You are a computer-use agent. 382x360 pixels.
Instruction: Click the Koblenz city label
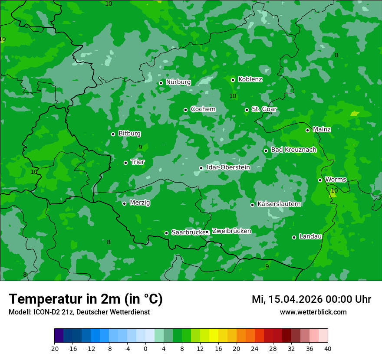tap(250, 79)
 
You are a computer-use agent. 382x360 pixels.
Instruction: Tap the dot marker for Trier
tap(126, 163)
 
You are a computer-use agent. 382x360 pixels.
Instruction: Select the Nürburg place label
tap(178, 82)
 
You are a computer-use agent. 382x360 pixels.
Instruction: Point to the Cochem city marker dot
tap(186, 110)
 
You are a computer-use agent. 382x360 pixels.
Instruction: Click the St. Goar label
tap(264, 109)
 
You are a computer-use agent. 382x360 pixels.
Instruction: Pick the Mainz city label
tap(322, 129)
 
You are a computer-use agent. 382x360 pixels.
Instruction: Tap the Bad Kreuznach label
tap(293, 150)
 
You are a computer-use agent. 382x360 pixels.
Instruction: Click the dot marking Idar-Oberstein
tap(201, 168)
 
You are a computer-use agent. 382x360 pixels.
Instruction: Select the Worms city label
tap(336, 180)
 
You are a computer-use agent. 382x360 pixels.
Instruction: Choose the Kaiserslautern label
tap(279, 204)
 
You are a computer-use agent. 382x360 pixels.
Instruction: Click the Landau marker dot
tap(294, 237)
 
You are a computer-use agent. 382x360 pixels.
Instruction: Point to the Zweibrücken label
tap(231, 231)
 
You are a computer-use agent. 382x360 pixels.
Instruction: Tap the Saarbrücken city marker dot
tap(166, 233)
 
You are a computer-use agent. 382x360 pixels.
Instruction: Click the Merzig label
tap(140, 203)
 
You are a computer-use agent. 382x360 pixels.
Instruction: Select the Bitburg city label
tap(129, 134)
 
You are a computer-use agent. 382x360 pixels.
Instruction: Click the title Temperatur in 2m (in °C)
tap(86, 299)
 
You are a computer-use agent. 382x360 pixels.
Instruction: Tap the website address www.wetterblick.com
tap(313, 312)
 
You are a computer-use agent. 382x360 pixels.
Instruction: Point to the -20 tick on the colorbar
tap(54, 348)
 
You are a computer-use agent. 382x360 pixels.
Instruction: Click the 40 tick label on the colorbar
tap(328, 348)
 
